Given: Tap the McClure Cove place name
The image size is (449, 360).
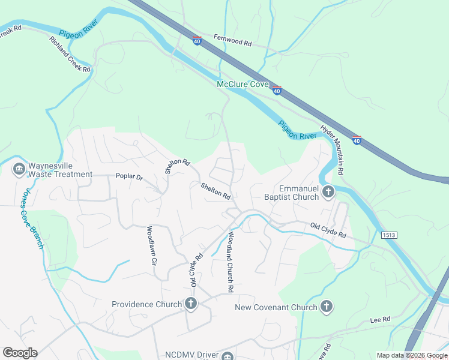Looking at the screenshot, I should point(243,85).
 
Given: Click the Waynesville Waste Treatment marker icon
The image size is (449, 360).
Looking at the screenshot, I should point(19,169).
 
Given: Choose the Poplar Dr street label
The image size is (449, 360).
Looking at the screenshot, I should point(129,177).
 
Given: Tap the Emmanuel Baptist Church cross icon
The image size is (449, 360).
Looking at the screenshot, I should point(328,192).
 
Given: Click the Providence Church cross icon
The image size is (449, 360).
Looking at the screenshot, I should point(191,304).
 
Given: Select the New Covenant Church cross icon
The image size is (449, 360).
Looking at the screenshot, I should point(326,307).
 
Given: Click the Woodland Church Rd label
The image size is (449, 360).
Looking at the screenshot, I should point(229,262).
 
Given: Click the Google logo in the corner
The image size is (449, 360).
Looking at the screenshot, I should point(20,353).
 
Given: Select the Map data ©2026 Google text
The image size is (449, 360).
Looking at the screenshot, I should point(411,355).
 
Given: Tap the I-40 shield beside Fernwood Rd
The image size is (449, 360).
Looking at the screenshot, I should point(197,40).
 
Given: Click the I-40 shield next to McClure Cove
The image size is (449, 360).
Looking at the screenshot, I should point(277,90).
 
